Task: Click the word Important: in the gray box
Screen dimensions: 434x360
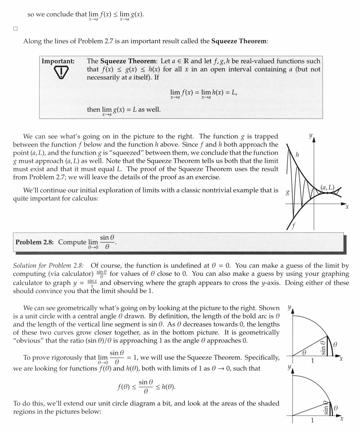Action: pos(58,61)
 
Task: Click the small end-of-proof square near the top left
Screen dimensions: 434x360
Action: pos(15,29)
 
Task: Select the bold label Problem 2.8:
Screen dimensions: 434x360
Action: pos(36,242)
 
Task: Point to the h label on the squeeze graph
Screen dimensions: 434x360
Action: pos(297,154)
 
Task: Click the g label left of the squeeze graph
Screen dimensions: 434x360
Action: pos(288,193)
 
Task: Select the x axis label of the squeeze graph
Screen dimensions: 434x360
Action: pos(347,207)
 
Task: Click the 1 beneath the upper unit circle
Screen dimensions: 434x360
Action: pos(312,361)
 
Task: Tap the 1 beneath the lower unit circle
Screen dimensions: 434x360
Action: pos(312,420)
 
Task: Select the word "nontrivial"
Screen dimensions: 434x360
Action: pos(238,190)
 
